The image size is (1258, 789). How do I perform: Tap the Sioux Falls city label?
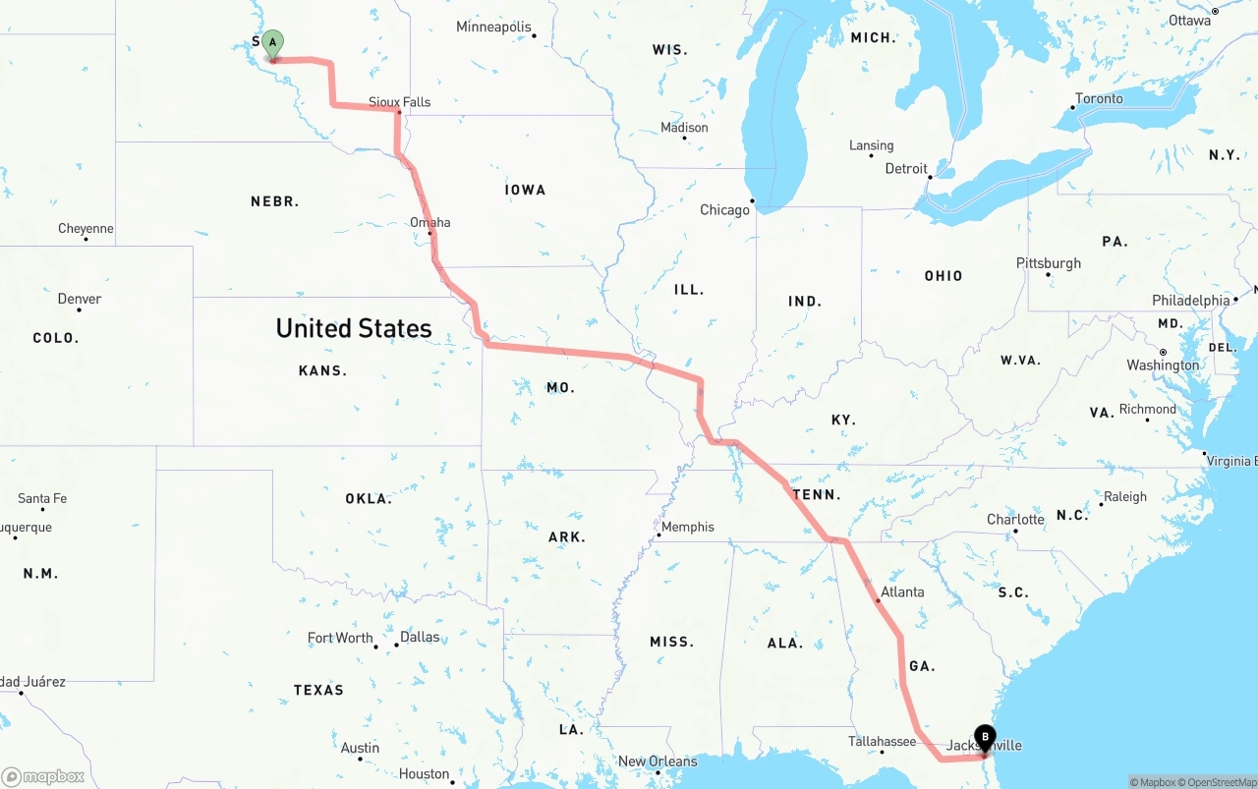pyautogui.click(x=399, y=102)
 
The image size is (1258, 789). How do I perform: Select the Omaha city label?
pyautogui.click(x=430, y=223)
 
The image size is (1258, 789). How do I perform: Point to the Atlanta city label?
pyautogui.click(x=901, y=592)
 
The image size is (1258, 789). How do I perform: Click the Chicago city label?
pyautogui.click(x=724, y=210)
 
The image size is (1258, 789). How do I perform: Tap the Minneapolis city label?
pyautogui.click(x=493, y=28)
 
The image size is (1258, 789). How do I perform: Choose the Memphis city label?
pyautogui.click(x=687, y=527)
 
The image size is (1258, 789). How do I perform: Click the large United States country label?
pyautogui.click(x=354, y=328)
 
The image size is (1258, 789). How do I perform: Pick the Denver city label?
pyautogui.click(x=80, y=299)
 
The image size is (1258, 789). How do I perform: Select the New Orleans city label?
pyautogui.click(x=658, y=761)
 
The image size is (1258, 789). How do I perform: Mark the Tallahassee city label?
pyautogui.click(x=883, y=742)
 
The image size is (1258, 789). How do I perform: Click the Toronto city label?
pyautogui.click(x=1099, y=99)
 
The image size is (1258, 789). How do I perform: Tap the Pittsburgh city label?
pyautogui.click(x=1049, y=263)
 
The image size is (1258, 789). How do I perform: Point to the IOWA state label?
pyautogui.click(x=526, y=190)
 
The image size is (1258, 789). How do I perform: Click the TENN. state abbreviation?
pyautogui.click(x=817, y=494)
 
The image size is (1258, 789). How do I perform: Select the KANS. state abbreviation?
pyautogui.click(x=322, y=370)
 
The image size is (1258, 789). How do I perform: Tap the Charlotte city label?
pyautogui.click(x=1015, y=520)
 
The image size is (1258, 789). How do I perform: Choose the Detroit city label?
pyautogui.click(x=906, y=169)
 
